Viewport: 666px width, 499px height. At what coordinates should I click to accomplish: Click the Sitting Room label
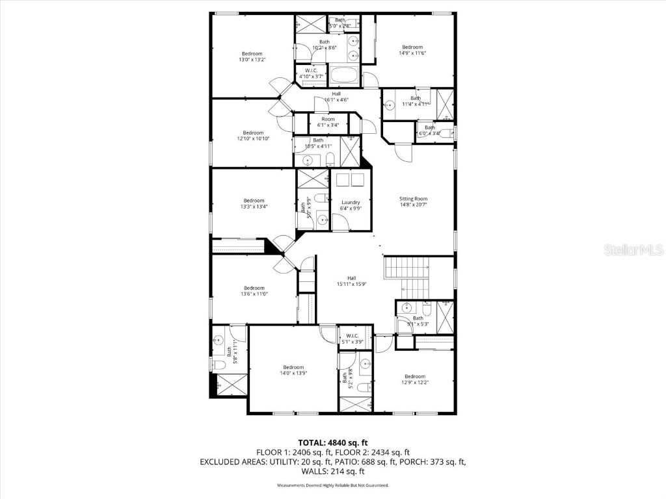tap(413, 199)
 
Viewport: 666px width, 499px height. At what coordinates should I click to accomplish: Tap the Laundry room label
tap(350, 202)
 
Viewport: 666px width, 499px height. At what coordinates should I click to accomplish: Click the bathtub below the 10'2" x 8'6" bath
tap(343, 76)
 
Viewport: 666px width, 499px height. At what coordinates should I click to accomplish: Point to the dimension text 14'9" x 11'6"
tap(412, 54)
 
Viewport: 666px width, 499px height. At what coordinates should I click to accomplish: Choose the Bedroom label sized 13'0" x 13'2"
tap(252, 53)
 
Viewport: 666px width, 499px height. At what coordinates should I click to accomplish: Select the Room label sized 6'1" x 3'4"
tap(328, 119)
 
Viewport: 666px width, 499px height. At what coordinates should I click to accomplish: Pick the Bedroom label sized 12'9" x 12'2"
tap(414, 376)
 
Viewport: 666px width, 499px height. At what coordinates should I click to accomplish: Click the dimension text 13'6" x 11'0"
tap(254, 294)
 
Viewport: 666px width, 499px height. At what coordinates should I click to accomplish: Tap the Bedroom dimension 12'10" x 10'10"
tap(253, 138)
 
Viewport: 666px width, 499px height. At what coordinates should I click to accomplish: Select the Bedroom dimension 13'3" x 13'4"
tap(254, 207)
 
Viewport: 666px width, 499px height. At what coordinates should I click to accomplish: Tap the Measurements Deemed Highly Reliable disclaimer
tap(332, 485)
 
